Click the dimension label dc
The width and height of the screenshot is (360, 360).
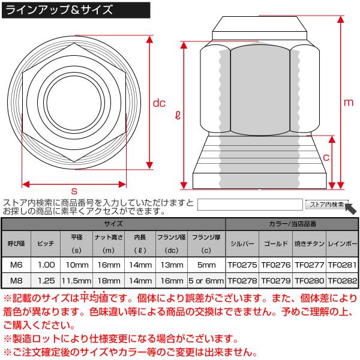pos(158,103)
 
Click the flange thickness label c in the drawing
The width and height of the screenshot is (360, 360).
pos(327,158)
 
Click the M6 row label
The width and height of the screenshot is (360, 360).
pos(14,263)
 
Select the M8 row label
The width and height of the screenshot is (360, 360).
pos(14,279)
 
